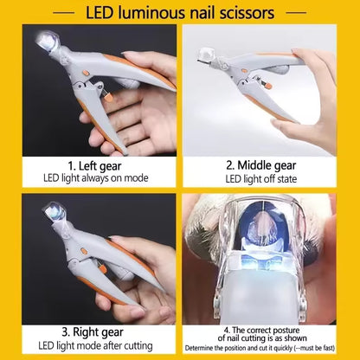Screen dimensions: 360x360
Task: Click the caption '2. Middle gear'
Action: point(267,165)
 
